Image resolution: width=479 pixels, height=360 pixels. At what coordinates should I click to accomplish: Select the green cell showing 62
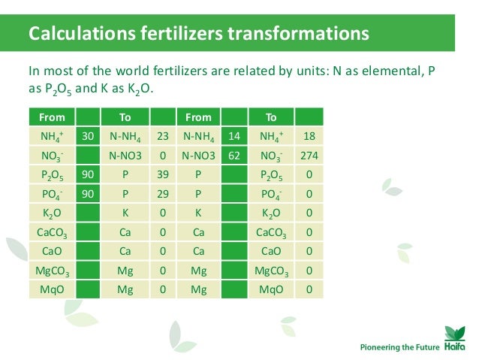point(235,156)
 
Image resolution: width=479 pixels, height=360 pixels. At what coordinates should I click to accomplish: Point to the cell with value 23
point(162,137)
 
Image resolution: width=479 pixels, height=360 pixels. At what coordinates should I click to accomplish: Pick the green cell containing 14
point(235,137)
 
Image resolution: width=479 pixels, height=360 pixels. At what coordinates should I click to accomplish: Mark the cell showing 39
point(162,175)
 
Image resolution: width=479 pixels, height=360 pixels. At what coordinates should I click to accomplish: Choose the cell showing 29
point(162,194)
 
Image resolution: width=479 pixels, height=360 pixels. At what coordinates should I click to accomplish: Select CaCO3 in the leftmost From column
point(52,232)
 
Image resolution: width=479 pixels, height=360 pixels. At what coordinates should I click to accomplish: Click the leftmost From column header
point(52,117)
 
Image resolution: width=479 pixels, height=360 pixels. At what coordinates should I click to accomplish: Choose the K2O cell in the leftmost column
point(52,213)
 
